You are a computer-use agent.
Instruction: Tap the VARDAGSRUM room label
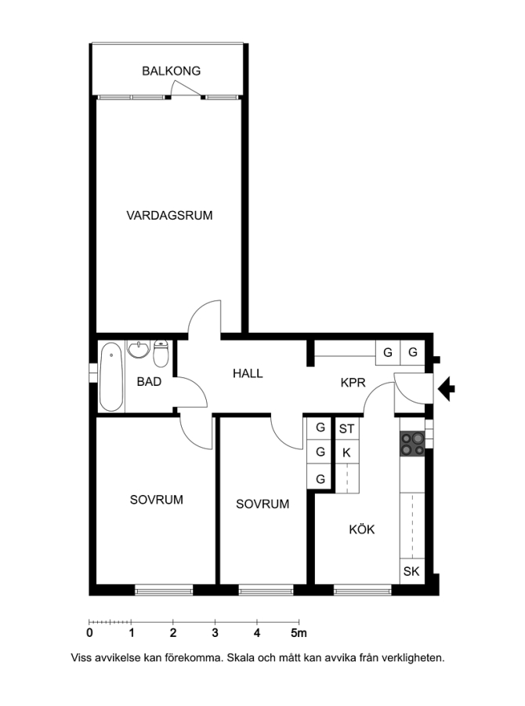click(x=169, y=216)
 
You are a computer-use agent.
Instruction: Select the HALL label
click(x=248, y=373)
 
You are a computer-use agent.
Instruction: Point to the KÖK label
click(x=362, y=529)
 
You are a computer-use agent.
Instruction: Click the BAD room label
click(x=149, y=382)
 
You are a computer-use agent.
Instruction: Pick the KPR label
click(x=353, y=383)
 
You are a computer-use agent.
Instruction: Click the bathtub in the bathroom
click(x=111, y=377)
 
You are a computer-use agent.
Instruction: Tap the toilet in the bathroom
click(x=161, y=354)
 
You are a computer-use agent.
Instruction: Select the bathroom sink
click(x=138, y=349)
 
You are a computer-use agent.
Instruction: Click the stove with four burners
click(x=412, y=444)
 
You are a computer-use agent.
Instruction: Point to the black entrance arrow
click(x=447, y=389)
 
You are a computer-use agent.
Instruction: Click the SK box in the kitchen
click(x=411, y=571)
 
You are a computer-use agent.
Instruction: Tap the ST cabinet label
click(x=346, y=429)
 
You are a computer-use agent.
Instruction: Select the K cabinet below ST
click(x=346, y=453)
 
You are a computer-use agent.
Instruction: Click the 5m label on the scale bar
click(x=299, y=633)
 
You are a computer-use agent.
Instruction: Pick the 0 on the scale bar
click(x=89, y=633)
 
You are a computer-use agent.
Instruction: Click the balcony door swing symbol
click(x=186, y=89)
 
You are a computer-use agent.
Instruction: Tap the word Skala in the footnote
click(x=241, y=658)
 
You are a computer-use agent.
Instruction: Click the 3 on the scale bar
click(x=215, y=633)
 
